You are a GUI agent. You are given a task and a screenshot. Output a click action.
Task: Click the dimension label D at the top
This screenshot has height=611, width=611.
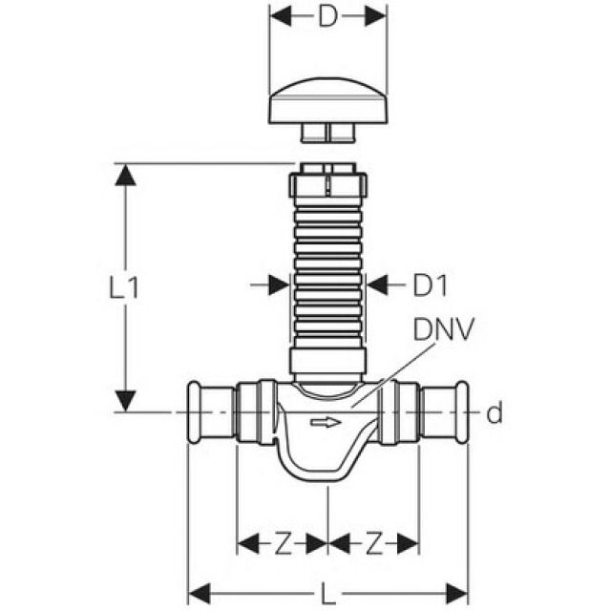click(328, 17)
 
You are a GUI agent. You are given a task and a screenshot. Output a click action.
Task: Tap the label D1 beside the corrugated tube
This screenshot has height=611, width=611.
click(430, 284)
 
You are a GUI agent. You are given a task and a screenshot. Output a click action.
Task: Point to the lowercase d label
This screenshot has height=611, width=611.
click(494, 413)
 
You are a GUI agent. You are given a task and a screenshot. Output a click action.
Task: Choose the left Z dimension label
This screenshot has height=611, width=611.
click(283, 544)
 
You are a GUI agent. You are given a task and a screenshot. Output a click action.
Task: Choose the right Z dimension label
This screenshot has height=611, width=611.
click(374, 544)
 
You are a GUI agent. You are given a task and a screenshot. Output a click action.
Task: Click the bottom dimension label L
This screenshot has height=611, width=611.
click(328, 595)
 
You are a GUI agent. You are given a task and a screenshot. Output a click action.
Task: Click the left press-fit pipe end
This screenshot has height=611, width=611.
click(209, 412)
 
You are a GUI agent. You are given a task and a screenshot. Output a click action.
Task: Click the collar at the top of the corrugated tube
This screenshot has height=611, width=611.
click(328, 182)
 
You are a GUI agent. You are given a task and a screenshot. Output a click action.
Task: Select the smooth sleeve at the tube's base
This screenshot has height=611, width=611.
click(328, 360)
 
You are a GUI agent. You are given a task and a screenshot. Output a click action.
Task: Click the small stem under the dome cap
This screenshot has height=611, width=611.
click(327, 132)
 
